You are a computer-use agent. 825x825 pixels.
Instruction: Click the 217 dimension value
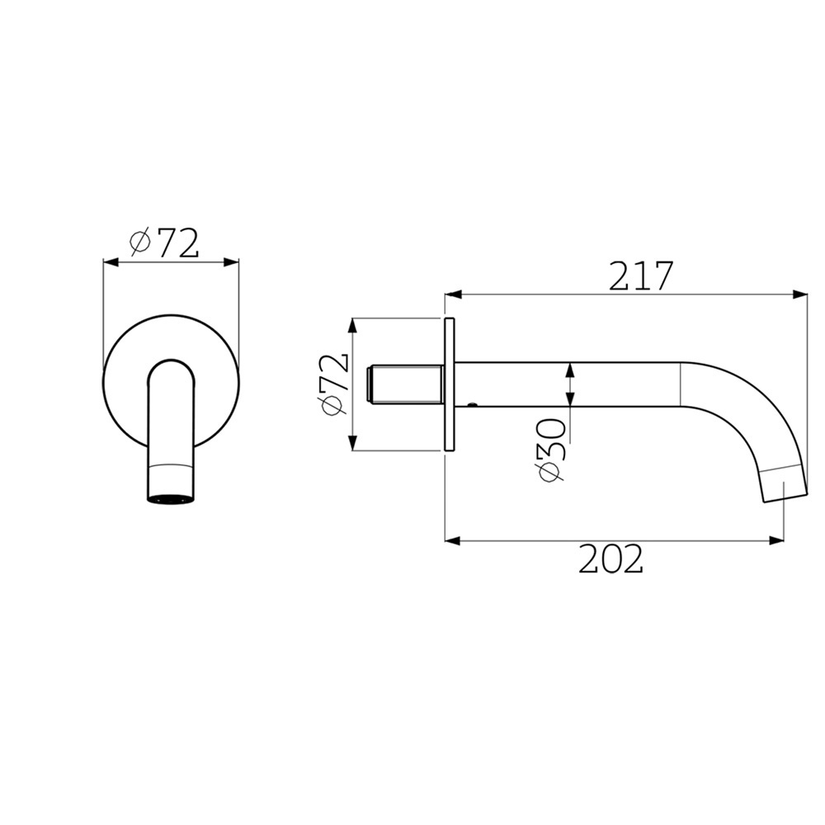pyautogui.click(x=641, y=276)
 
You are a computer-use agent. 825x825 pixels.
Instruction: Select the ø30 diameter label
pyautogui.click(x=551, y=450)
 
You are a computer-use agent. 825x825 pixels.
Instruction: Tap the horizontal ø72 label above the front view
pyautogui.click(x=164, y=242)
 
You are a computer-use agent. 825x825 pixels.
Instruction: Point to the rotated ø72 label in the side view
pyautogui.click(x=332, y=385)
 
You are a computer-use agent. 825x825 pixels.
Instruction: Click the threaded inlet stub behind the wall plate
pyautogui.click(x=403, y=384)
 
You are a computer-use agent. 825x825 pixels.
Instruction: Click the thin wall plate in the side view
pyautogui.click(x=450, y=384)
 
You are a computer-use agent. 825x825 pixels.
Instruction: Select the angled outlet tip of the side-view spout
pyautogui.click(x=784, y=483)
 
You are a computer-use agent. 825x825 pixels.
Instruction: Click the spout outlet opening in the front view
pyautogui.click(x=169, y=498)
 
